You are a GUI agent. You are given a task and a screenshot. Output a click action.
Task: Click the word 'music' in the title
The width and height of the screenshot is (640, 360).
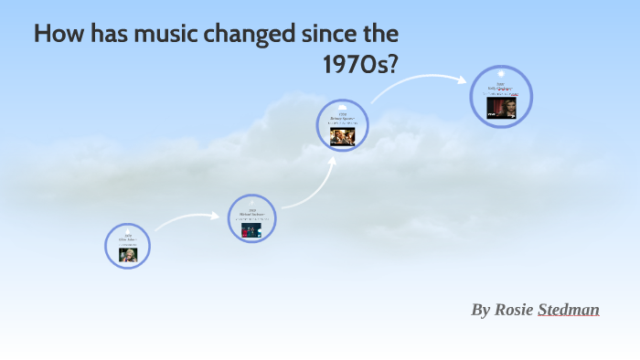tap(142, 36)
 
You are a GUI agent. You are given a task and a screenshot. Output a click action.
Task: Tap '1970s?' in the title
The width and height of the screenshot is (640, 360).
tap(360, 65)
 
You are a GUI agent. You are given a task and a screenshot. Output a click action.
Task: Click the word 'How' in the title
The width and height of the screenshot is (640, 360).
tap(58, 36)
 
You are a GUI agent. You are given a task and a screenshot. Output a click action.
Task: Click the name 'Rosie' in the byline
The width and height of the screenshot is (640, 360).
tap(515, 310)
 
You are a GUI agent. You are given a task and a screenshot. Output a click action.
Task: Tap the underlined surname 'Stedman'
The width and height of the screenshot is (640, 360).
tap(569, 310)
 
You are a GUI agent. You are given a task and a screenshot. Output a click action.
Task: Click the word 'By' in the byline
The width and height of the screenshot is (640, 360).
tap(481, 310)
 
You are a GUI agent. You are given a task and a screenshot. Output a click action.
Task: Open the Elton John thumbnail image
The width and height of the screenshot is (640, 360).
tap(128, 254)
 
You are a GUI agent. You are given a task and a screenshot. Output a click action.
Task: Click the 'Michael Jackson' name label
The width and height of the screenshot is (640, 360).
tap(251, 214)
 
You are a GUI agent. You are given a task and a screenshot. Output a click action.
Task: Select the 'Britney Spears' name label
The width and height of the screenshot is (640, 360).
tap(343, 118)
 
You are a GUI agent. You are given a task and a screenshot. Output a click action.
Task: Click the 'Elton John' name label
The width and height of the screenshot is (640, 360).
tap(128, 240)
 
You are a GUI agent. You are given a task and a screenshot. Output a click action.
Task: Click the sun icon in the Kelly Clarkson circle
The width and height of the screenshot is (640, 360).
tap(501, 73)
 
